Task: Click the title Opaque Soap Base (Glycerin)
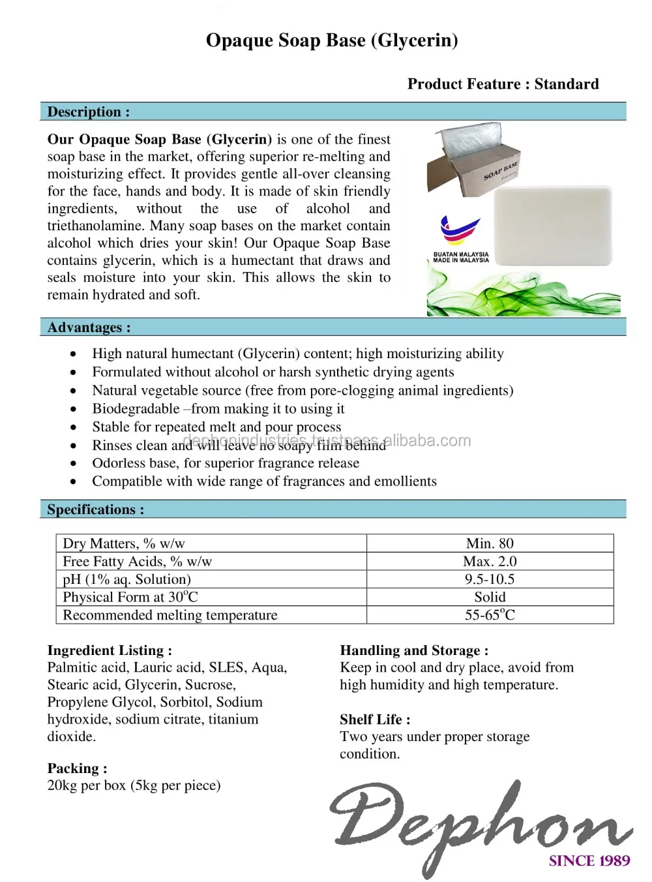pyautogui.click(x=332, y=40)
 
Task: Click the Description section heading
pyautogui.click(x=88, y=112)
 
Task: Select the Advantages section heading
pyautogui.click(x=89, y=327)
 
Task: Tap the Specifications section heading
pyautogui.click(x=95, y=509)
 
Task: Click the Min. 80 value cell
pyautogui.click(x=490, y=543)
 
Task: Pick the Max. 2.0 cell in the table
pyautogui.click(x=490, y=561)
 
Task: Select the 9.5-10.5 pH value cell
pyautogui.click(x=490, y=579)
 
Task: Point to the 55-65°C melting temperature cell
pyautogui.click(x=490, y=615)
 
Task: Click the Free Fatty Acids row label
pyautogui.click(x=137, y=561)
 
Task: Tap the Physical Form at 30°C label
pyautogui.click(x=130, y=597)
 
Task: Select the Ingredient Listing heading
pyautogui.click(x=110, y=650)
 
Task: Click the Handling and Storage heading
pyautogui.click(x=414, y=650)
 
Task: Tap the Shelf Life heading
pyautogui.click(x=375, y=719)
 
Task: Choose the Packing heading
pyautogui.click(x=77, y=768)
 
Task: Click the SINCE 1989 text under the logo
pyautogui.click(x=589, y=860)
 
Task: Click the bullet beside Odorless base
pyautogui.click(x=74, y=463)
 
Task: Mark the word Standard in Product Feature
pyautogui.click(x=567, y=84)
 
